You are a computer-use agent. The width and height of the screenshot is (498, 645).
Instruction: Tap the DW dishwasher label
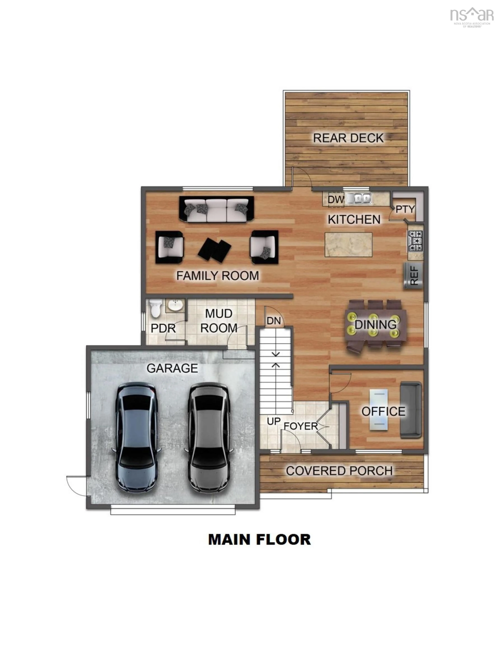[x=336, y=199]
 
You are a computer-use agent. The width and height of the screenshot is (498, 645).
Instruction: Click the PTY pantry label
[x=405, y=209]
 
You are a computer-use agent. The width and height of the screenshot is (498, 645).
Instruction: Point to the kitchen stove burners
[x=415, y=241]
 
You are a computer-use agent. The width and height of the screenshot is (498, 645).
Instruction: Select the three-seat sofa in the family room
[x=216, y=209]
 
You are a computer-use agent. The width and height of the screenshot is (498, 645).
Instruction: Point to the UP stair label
[x=274, y=421]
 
